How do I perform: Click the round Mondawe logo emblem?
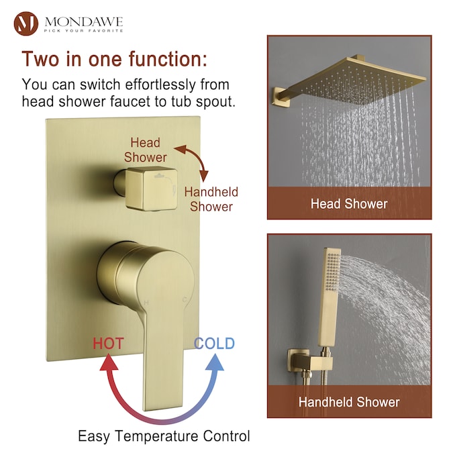click(26, 23)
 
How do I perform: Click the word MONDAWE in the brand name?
click(84, 21)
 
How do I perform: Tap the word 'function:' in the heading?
click(168, 58)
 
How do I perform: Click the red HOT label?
click(108, 344)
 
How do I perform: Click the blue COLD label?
click(214, 343)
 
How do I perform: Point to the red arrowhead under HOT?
click(109, 362)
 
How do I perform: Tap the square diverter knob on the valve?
click(151, 189)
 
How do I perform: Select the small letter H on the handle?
click(146, 303)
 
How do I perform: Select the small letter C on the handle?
click(185, 299)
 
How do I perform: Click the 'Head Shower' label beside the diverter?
click(146, 150)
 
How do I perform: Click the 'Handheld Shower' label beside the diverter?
click(211, 199)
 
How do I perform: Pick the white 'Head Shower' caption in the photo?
click(349, 203)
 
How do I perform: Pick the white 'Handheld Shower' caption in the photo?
click(349, 402)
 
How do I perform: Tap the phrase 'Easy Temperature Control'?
click(164, 436)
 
